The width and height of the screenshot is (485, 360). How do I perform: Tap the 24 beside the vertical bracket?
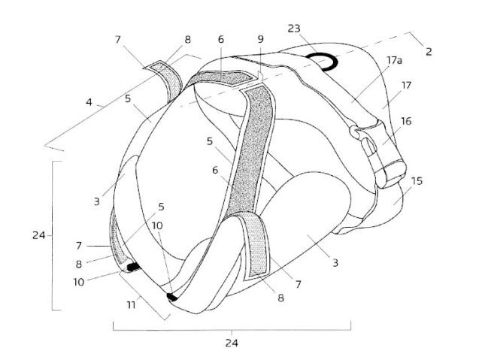[x=39, y=234]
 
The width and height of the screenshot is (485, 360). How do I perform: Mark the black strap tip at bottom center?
[x=171, y=297]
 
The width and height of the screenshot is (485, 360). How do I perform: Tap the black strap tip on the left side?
[x=133, y=266]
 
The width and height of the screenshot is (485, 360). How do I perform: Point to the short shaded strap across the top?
[x=223, y=77]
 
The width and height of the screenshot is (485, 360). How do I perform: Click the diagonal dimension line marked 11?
[x=142, y=296]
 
